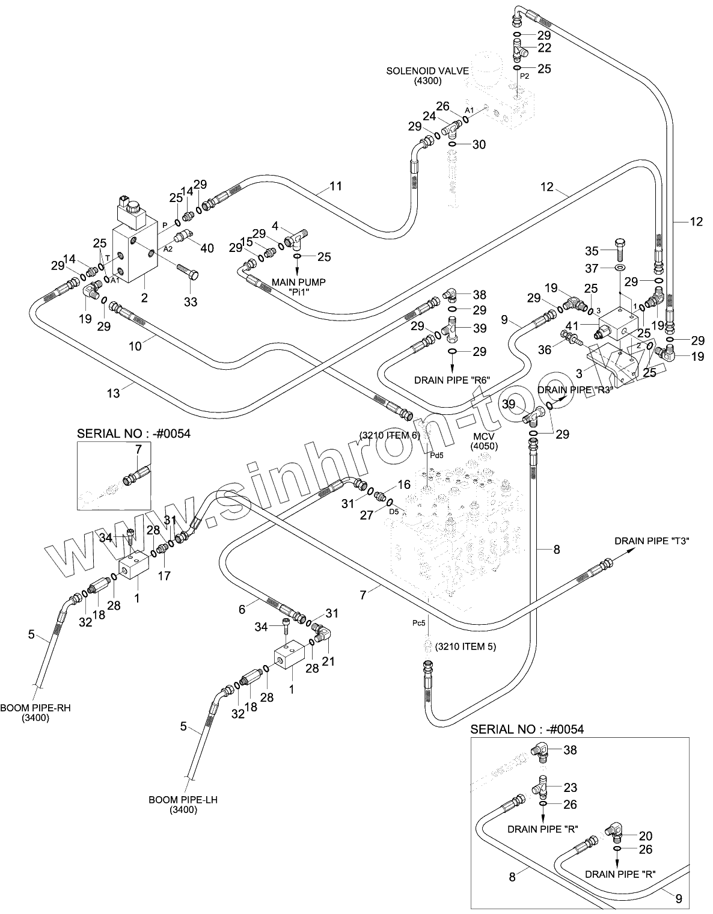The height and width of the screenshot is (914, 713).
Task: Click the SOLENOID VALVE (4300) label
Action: pos(427,76)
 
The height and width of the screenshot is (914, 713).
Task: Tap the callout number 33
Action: pos(190,302)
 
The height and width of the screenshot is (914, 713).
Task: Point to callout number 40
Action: pos(206,248)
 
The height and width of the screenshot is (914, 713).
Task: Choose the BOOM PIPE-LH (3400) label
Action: pos(173,805)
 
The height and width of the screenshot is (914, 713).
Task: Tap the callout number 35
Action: pos(592,250)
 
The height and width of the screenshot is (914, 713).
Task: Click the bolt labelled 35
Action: pos(620,249)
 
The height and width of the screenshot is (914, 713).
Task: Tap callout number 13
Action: pos(114,393)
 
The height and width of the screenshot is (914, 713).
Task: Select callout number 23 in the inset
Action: pos(570,787)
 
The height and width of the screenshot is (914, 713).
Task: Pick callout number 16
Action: pos(403,485)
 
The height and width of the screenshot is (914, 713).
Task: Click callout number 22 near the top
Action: pos(544,48)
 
